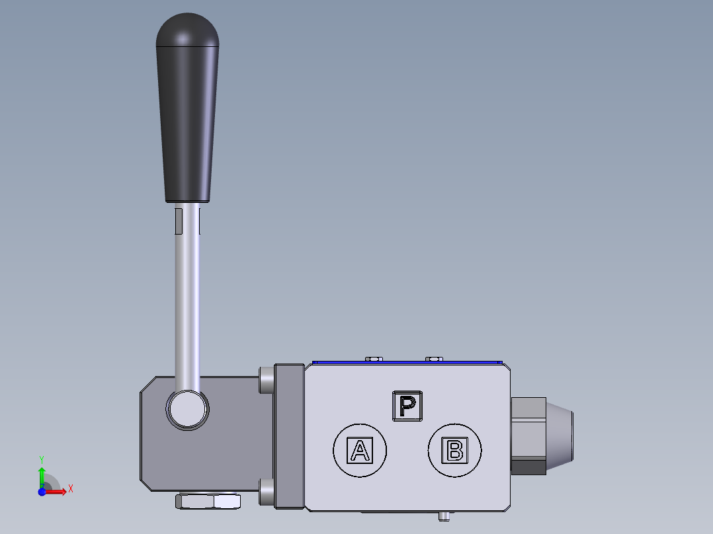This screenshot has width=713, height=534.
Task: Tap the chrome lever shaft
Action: [x=187, y=297]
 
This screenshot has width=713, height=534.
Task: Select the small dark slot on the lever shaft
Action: [x=177, y=221]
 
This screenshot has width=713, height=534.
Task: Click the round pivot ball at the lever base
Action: [x=188, y=409]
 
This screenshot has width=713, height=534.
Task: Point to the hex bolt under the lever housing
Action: [x=208, y=502]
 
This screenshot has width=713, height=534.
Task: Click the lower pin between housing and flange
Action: [x=266, y=492]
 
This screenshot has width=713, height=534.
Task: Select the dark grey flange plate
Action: [x=288, y=437]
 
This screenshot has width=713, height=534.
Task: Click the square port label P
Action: [x=407, y=405]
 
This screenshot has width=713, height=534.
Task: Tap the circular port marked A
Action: [x=359, y=451]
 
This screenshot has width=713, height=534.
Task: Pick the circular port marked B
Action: [x=455, y=451]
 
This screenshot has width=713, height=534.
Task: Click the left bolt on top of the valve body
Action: [x=374, y=359]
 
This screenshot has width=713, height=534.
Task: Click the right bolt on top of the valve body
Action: [x=434, y=359]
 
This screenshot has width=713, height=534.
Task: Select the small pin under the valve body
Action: [x=445, y=515]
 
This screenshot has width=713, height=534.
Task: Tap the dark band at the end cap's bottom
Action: [x=528, y=467]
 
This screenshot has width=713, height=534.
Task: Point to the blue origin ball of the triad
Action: [x=42, y=492]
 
